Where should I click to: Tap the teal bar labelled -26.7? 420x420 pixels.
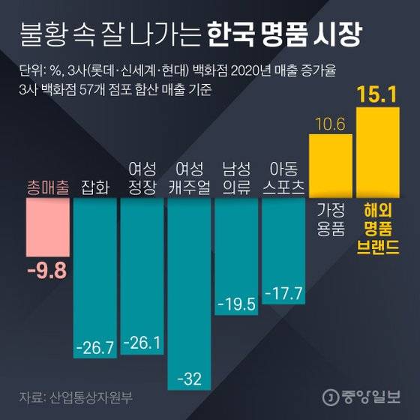click(x=94, y=277)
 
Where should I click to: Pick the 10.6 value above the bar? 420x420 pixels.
click(x=331, y=124)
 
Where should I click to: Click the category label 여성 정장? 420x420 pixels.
click(x=142, y=178)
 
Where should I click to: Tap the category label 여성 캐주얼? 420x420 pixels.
click(x=189, y=178)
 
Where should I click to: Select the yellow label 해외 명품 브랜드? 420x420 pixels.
click(x=379, y=227)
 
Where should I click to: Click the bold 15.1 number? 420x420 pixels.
click(x=379, y=97)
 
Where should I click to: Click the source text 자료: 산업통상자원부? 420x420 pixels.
click(x=79, y=396)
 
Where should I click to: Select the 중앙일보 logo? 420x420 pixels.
click(x=364, y=397)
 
